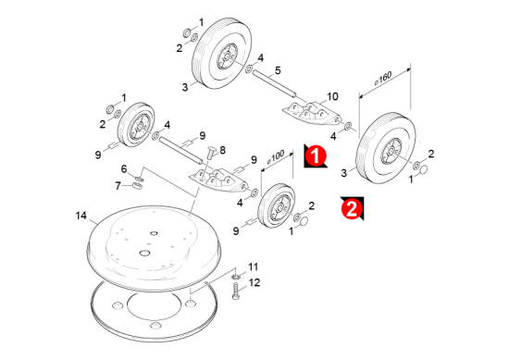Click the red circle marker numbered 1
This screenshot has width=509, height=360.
pos(316,155)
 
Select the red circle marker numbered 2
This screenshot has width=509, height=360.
pos(352,208)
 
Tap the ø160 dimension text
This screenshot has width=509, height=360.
pos(383,79)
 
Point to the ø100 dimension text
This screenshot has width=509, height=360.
pos(276,157)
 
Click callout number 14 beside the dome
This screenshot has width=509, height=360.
pos(81,216)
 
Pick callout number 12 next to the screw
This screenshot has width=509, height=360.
pos(254,283)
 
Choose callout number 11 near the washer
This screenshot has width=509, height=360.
pos(254,267)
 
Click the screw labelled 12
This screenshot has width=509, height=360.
pos(236,292)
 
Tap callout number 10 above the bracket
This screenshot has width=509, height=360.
pos(332,96)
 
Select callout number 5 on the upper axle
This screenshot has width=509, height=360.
pos(278,70)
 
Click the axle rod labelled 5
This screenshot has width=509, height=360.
pos(274,83)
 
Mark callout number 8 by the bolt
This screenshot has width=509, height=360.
pos(223,150)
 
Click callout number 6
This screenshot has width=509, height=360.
pos(124,168)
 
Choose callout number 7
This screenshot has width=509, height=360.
pos(118,186)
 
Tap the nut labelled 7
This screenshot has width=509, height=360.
pos(138,186)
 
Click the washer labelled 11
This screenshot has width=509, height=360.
pos(236,277)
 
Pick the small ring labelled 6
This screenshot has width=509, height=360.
pos(139,179)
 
